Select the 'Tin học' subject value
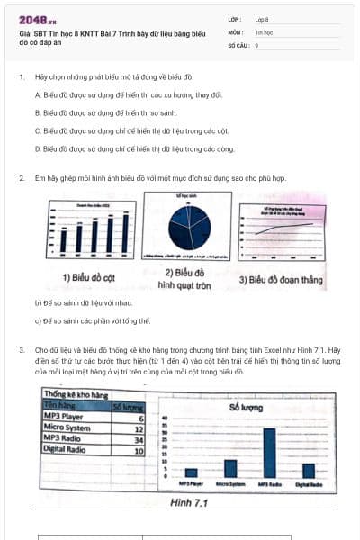pyautogui.click(x=264, y=31)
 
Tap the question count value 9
pyautogui.click(x=257, y=44)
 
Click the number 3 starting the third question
pyautogui.click(x=21, y=348)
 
